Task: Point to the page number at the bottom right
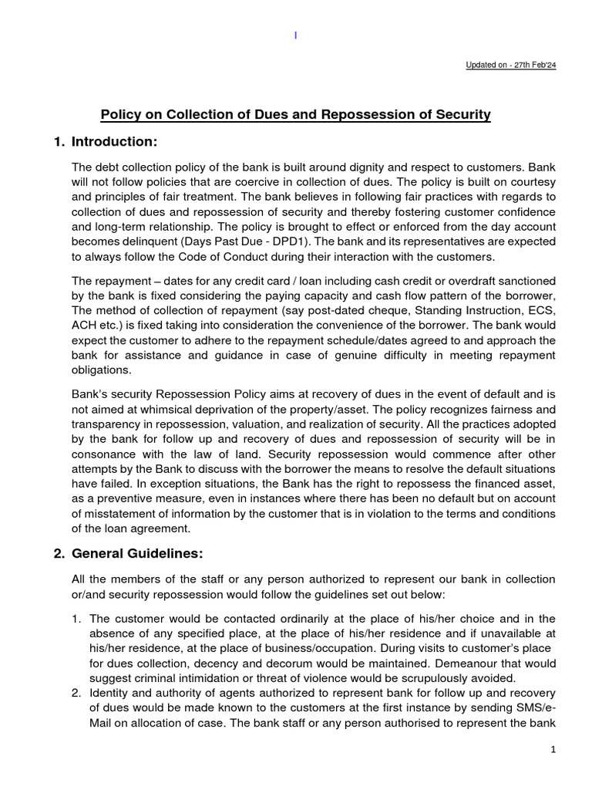[x=553, y=749]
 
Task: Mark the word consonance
[x=105, y=454]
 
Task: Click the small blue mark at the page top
[x=296, y=35]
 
